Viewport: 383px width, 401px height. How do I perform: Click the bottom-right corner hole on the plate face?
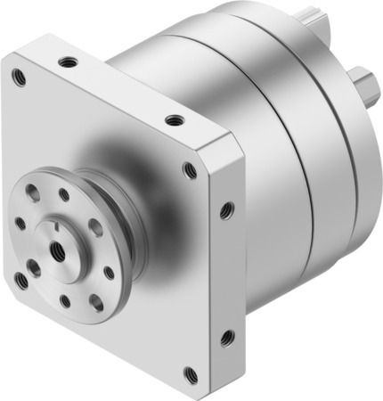pos(189,373)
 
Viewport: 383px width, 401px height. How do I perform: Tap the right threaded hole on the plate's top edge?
pos(175,119)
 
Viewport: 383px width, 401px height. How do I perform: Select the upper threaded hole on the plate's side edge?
pos(226,210)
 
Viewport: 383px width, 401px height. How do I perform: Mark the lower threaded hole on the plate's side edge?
pos(227,338)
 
